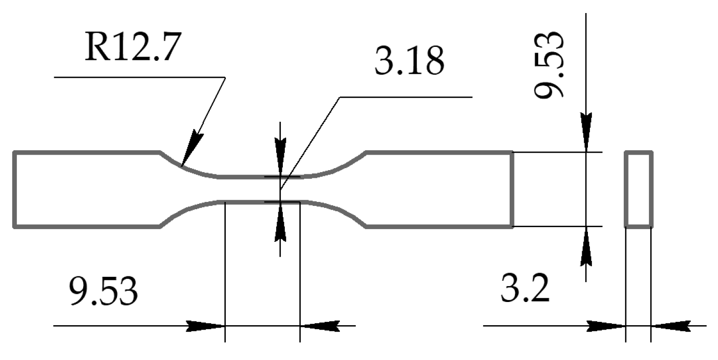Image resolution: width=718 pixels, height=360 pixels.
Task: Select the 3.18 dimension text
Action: [409, 62]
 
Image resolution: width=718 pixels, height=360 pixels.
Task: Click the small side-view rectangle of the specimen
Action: [638, 189]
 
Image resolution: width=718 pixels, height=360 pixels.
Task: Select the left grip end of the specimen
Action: [87, 189]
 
